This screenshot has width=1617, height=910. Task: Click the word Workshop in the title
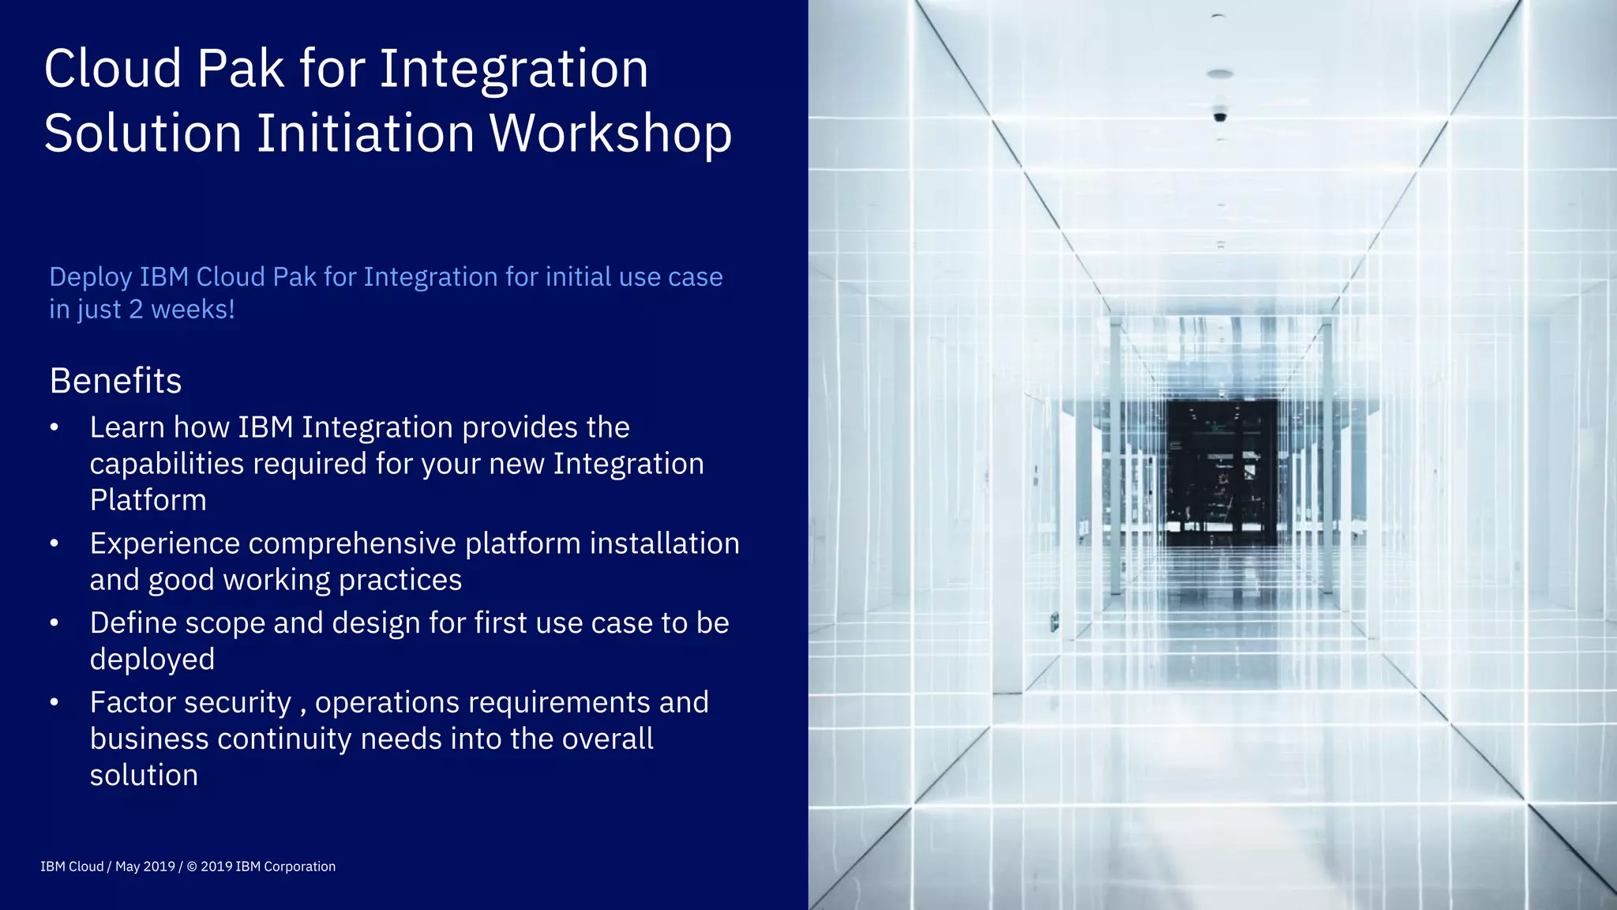pyautogui.click(x=610, y=133)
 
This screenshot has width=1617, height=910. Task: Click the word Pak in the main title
pyautogui.click(x=240, y=69)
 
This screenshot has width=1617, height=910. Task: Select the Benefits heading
pyautogui.click(x=115, y=381)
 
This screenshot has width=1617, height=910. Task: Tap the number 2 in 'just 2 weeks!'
pyautogui.click(x=136, y=310)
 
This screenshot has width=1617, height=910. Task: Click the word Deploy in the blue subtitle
pyautogui.click(x=90, y=278)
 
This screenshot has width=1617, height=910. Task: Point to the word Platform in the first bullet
pyautogui.click(x=148, y=500)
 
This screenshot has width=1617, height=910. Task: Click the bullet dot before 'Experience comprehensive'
pyautogui.click(x=54, y=543)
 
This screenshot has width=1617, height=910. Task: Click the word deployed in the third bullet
pyautogui.click(x=152, y=660)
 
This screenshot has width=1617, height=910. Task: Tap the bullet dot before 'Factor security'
pyautogui.click(x=54, y=702)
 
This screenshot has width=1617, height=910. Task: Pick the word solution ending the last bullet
pyautogui.click(x=144, y=775)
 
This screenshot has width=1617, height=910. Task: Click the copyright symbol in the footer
pyautogui.click(x=192, y=867)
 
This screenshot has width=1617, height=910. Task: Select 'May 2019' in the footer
pyautogui.click(x=145, y=867)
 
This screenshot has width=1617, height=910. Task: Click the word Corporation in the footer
pyautogui.click(x=299, y=867)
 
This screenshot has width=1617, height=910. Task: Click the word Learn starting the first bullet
pyautogui.click(x=126, y=427)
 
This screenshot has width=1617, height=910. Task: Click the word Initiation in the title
pyautogui.click(x=366, y=133)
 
